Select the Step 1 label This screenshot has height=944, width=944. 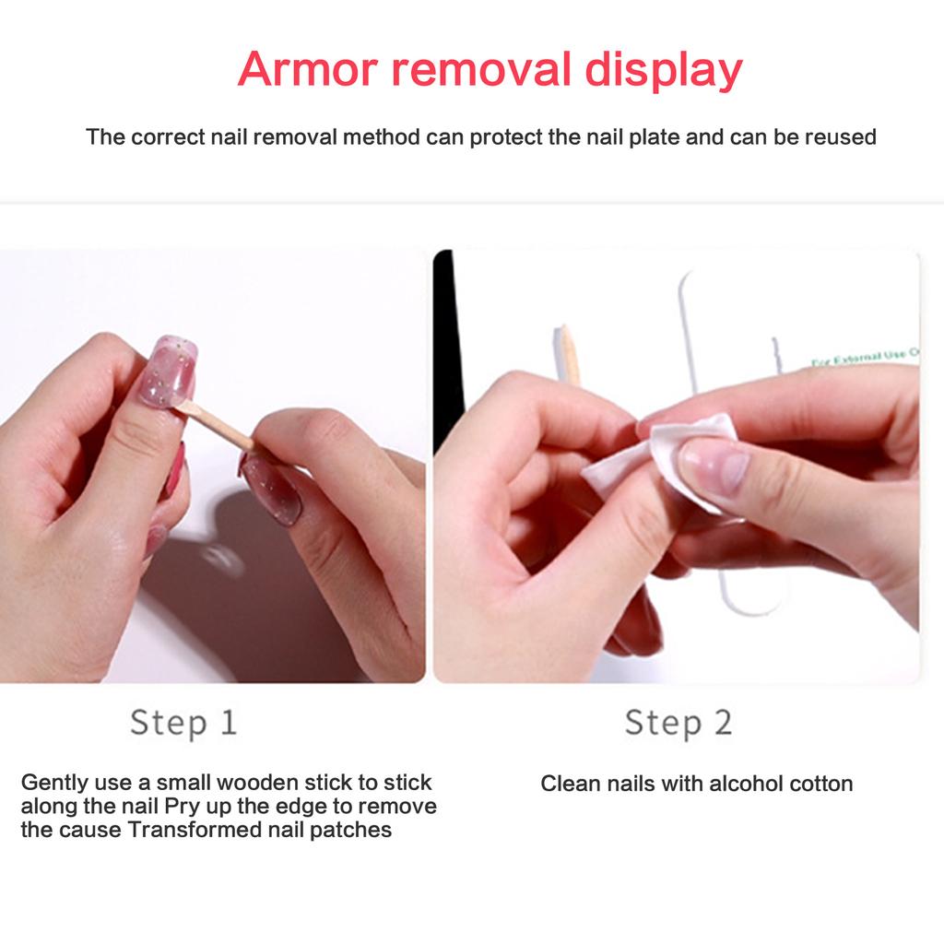click(183, 722)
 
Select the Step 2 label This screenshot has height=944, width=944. click(678, 722)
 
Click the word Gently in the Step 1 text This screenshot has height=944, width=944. click(54, 783)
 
